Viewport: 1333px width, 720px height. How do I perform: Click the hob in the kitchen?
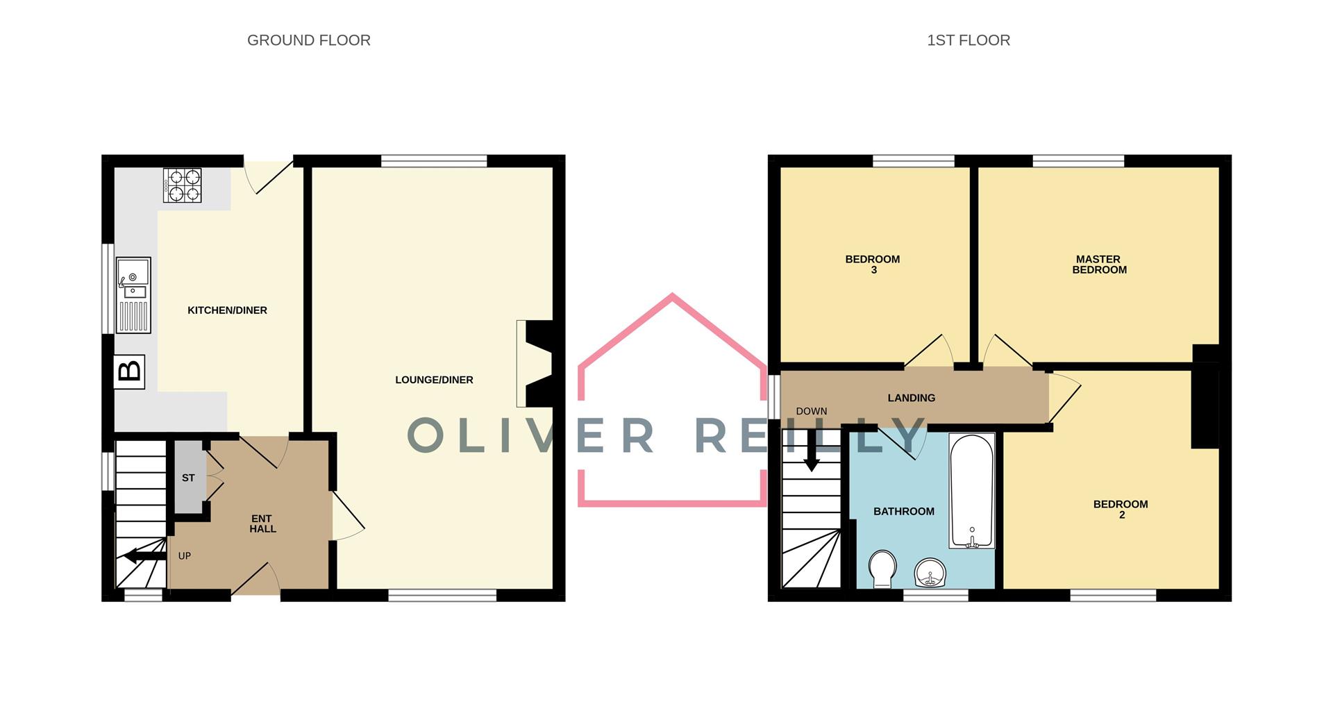pos(182,185)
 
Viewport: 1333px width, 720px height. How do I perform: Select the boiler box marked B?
pos(129,371)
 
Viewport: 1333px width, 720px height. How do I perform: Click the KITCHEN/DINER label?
pos(227,310)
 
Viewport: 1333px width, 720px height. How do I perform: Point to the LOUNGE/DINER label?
pos(434,380)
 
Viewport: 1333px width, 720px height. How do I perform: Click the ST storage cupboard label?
pos(188,478)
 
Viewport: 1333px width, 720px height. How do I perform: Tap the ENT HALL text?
pos(262,524)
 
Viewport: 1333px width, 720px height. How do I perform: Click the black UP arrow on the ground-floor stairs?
pos(142,555)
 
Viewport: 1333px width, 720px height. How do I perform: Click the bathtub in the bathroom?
pos(972,490)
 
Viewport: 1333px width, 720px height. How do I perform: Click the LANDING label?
pos(911,398)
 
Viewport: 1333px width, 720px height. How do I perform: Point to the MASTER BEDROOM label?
pos(1098,265)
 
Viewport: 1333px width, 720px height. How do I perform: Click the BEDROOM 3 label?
pos(873,265)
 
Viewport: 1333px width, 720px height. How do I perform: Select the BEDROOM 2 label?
pos(1120,509)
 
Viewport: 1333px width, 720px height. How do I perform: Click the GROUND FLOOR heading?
pos(309,40)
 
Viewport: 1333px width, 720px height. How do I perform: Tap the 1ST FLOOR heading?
pos(968,40)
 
